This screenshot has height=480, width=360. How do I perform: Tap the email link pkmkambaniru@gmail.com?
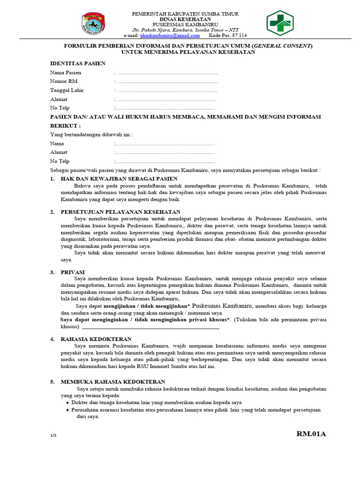point(170,36)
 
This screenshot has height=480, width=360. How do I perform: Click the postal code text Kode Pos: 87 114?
point(228,36)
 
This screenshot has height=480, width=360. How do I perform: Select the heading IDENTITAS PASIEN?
point(78,63)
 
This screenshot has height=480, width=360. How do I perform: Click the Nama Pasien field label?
point(66,73)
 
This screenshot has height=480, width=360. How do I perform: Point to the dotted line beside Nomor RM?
point(167,82)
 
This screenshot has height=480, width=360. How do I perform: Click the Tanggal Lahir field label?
point(67,90)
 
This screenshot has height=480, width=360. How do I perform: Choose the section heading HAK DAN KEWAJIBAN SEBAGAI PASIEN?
point(119,179)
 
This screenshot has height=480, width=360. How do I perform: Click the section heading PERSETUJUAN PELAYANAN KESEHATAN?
point(120,212)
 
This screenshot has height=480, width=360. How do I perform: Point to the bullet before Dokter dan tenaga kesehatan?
point(68,403)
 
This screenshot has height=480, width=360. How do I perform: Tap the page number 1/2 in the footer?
point(53,435)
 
